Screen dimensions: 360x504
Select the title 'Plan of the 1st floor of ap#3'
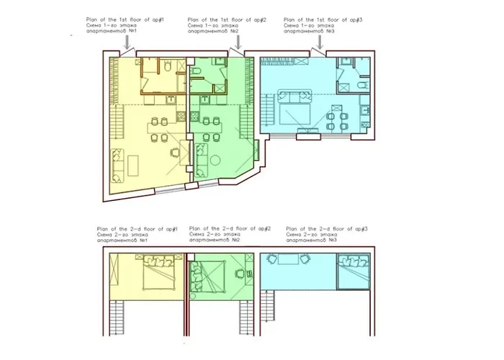point(323,19)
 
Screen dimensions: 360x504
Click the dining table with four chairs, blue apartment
point(336,116)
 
